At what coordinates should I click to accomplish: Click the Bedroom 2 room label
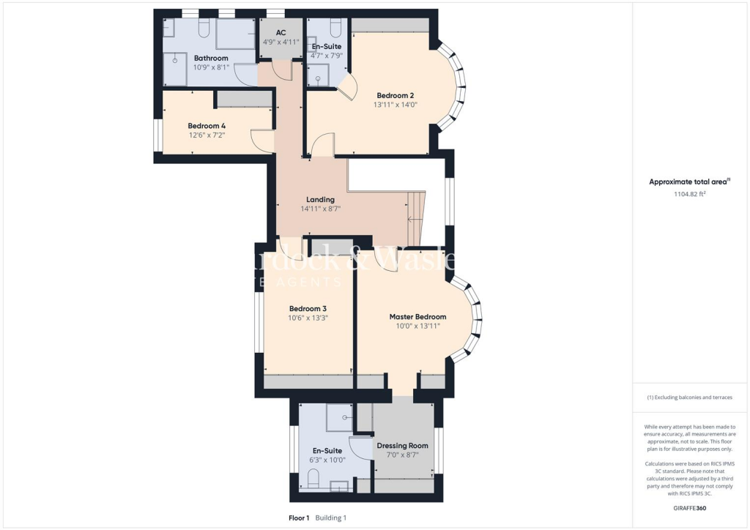396,95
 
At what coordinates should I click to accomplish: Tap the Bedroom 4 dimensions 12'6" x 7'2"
207,135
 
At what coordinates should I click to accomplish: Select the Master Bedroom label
417,317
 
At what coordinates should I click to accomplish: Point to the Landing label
320,199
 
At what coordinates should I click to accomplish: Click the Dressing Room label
402,445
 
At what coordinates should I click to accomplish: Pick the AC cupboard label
281,33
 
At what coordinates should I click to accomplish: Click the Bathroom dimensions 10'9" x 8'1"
211,67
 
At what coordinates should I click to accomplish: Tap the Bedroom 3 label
308,308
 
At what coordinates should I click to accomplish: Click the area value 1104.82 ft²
689,194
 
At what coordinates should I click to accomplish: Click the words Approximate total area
689,182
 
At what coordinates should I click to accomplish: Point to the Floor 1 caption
300,518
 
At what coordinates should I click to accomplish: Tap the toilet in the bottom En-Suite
313,479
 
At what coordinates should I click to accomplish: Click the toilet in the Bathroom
204,28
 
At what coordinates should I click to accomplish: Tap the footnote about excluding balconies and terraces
689,397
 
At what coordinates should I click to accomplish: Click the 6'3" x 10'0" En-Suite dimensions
327,460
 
